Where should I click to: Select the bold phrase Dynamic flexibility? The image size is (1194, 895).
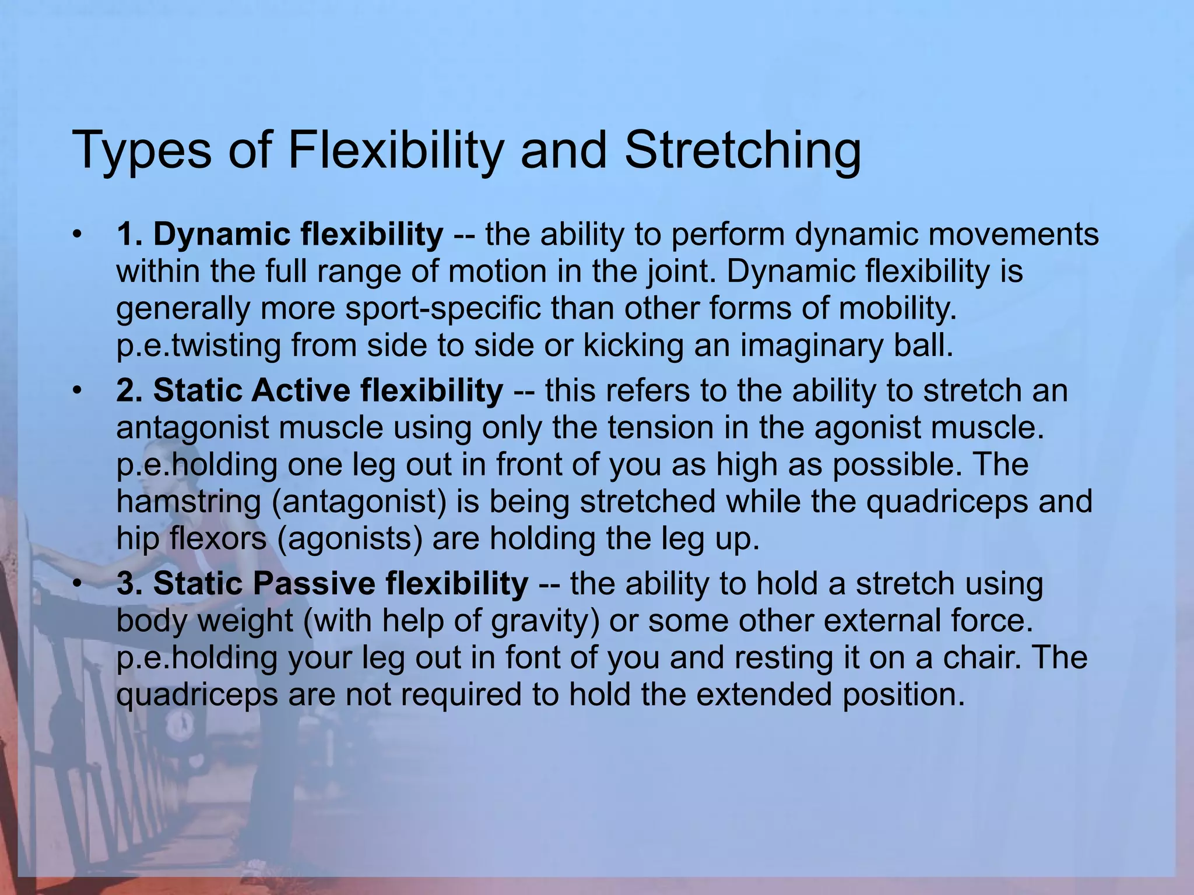coord(279,234)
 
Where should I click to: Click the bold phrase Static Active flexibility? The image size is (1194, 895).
coord(310,390)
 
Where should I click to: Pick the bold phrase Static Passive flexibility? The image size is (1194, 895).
coord(322,583)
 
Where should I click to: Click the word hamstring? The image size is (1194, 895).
coord(188,502)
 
